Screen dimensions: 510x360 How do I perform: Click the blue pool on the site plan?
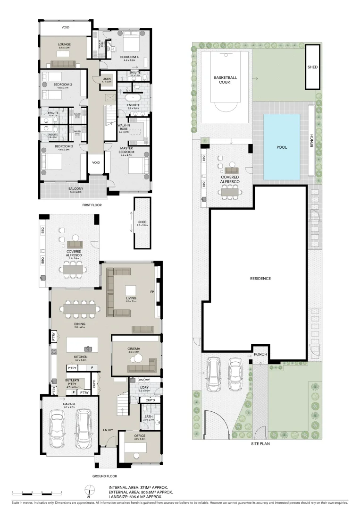pyautogui.click(x=282, y=146)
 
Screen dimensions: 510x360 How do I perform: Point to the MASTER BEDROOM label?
pyautogui.click(x=127, y=150)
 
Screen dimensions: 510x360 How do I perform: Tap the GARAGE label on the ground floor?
pyautogui.click(x=69, y=404)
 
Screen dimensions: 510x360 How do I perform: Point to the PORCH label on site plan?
pyautogui.click(x=260, y=354)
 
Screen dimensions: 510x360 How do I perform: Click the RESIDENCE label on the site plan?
pyautogui.click(x=260, y=279)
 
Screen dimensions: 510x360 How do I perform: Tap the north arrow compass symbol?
pyautogui.click(x=88, y=491)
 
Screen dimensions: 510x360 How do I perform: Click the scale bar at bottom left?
pyautogui.click(x=36, y=492)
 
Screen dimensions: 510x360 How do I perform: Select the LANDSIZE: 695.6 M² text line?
pyautogui.click(x=140, y=497)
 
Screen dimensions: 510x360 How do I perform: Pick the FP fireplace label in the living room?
pyautogui.click(x=152, y=291)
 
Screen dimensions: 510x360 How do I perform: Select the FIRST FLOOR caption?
pyautogui.click(x=92, y=205)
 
